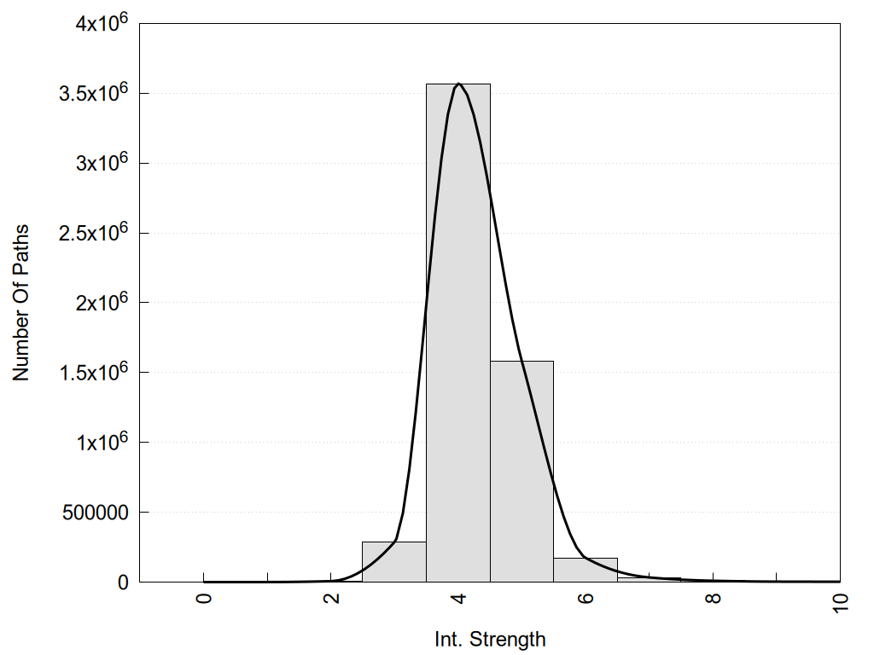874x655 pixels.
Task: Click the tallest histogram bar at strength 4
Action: (458, 341)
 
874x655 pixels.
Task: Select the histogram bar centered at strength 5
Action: (521, 478)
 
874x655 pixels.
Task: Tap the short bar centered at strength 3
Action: (394, 563)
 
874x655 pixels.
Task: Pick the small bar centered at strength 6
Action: (586, 571)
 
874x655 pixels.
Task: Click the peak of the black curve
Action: (459, 84)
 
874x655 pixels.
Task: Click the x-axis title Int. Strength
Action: (490, 638)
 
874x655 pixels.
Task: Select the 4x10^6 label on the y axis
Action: (101, 23)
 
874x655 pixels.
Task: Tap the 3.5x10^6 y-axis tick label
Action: (93, 93)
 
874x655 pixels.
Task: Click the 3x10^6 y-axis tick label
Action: (101, 163)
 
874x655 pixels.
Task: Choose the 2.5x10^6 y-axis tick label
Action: (93, 233)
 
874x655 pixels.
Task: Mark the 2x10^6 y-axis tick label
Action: (101, 303)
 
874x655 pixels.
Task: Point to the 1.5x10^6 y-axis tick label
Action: (93, 373)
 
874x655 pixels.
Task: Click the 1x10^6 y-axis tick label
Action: (101, 443)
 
